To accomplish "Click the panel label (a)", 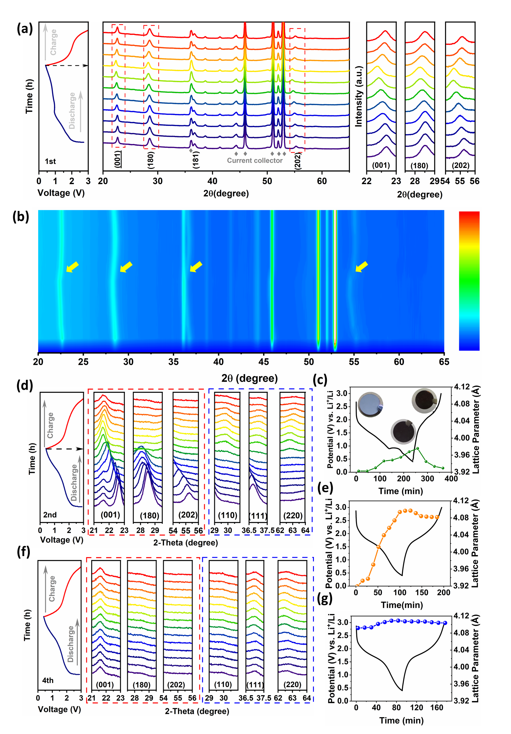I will tap(25, 29).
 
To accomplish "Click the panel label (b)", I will tap(21, 217).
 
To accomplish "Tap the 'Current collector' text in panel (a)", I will tap(254, 160).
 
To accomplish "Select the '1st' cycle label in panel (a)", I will tap(50, 161).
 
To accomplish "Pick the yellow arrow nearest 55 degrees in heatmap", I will tap(361, 267).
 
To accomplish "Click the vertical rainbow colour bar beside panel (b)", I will tap(469, 281).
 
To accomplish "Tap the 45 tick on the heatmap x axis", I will tap(263, 362).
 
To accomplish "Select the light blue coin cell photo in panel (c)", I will tap(370, 404).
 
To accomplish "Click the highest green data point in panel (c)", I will tap(417, 448).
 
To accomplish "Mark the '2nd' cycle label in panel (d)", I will tap(50, 515).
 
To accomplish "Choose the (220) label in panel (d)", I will tap(293, 515).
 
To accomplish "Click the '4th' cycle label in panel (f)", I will tap(48, 680).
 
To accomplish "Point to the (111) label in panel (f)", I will tap(255, 685).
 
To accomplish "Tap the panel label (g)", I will tap(325, 599).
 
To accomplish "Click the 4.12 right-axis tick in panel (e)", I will tap(461, 501).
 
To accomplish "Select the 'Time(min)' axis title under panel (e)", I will tap(402, 605).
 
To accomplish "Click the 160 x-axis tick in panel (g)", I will tap(436, 708).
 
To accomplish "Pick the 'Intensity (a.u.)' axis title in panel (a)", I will tap(359, 96).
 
